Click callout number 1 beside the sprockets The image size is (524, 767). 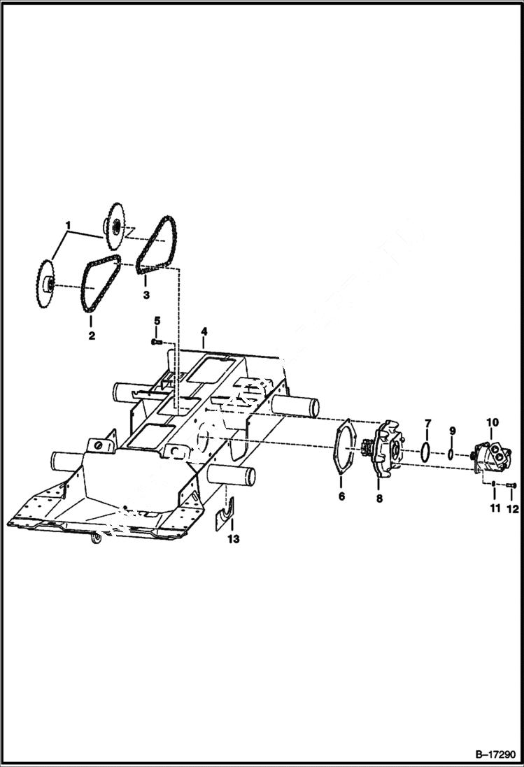[69, 225]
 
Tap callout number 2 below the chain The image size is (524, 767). [91, 336]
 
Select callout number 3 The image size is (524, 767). [146, 295]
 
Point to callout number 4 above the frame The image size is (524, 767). [204, 330]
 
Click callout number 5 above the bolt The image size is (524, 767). [157, 321]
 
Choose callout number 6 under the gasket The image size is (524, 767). [341, 496]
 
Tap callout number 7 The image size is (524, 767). [428, 424]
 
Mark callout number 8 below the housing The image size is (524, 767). [379, 499]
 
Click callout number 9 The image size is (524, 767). [452, 430]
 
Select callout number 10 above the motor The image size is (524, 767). [493, 422]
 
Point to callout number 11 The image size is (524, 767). [495, 508]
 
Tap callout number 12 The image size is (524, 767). [513, 508]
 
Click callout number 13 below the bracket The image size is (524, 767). [234, 539]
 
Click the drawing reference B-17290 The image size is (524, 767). [494, 755]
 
